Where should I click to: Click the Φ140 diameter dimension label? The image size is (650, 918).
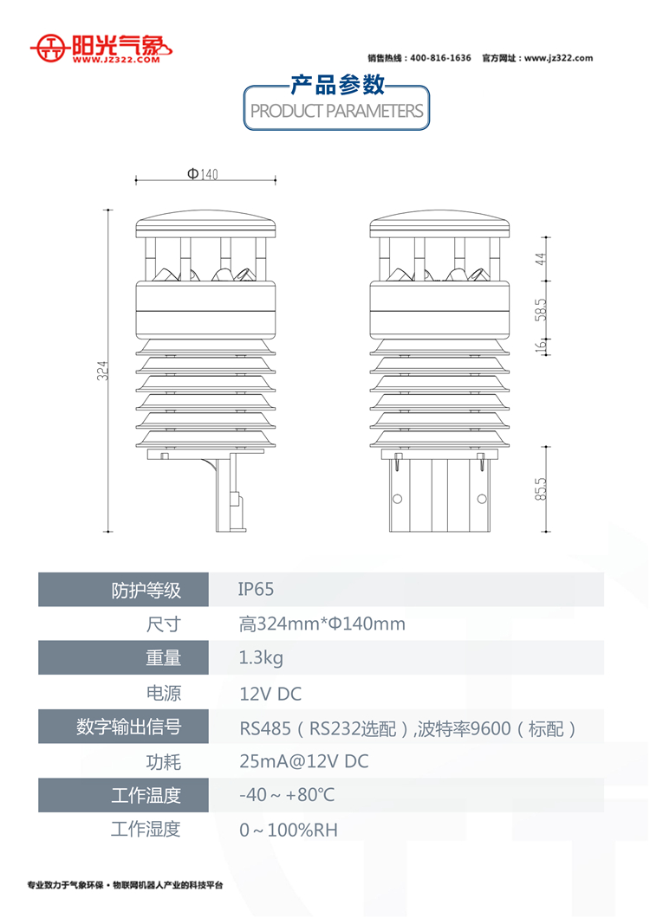click(202, 174)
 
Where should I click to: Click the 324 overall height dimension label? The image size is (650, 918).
click(102, 371)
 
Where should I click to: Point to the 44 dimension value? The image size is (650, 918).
click(541, 258)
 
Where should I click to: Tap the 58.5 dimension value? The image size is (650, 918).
click(541, 310)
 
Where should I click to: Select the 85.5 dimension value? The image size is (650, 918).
click(541, 488)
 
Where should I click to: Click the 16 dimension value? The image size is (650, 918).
click(541, 346)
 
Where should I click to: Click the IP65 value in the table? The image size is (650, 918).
click(256, 589)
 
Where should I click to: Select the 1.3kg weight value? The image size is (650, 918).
click(261, 658)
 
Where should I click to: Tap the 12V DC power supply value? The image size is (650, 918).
click(270, 694)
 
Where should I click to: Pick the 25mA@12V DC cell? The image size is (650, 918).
click(304, 761)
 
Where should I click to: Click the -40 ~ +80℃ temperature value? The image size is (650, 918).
click(287, 794)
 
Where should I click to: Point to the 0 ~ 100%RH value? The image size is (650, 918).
click(289, 830)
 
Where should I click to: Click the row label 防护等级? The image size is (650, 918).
click(146, 590)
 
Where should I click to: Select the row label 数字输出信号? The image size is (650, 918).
click(129, 727)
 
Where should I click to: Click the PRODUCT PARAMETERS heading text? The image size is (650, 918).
click(336, 111)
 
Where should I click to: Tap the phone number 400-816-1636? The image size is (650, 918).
click(440, 58)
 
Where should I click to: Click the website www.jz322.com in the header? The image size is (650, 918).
click(558, 58)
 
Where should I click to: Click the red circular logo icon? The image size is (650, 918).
click(53, 48)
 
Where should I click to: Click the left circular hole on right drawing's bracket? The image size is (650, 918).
click(398, 499)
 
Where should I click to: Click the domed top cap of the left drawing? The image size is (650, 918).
click(205, 223)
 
